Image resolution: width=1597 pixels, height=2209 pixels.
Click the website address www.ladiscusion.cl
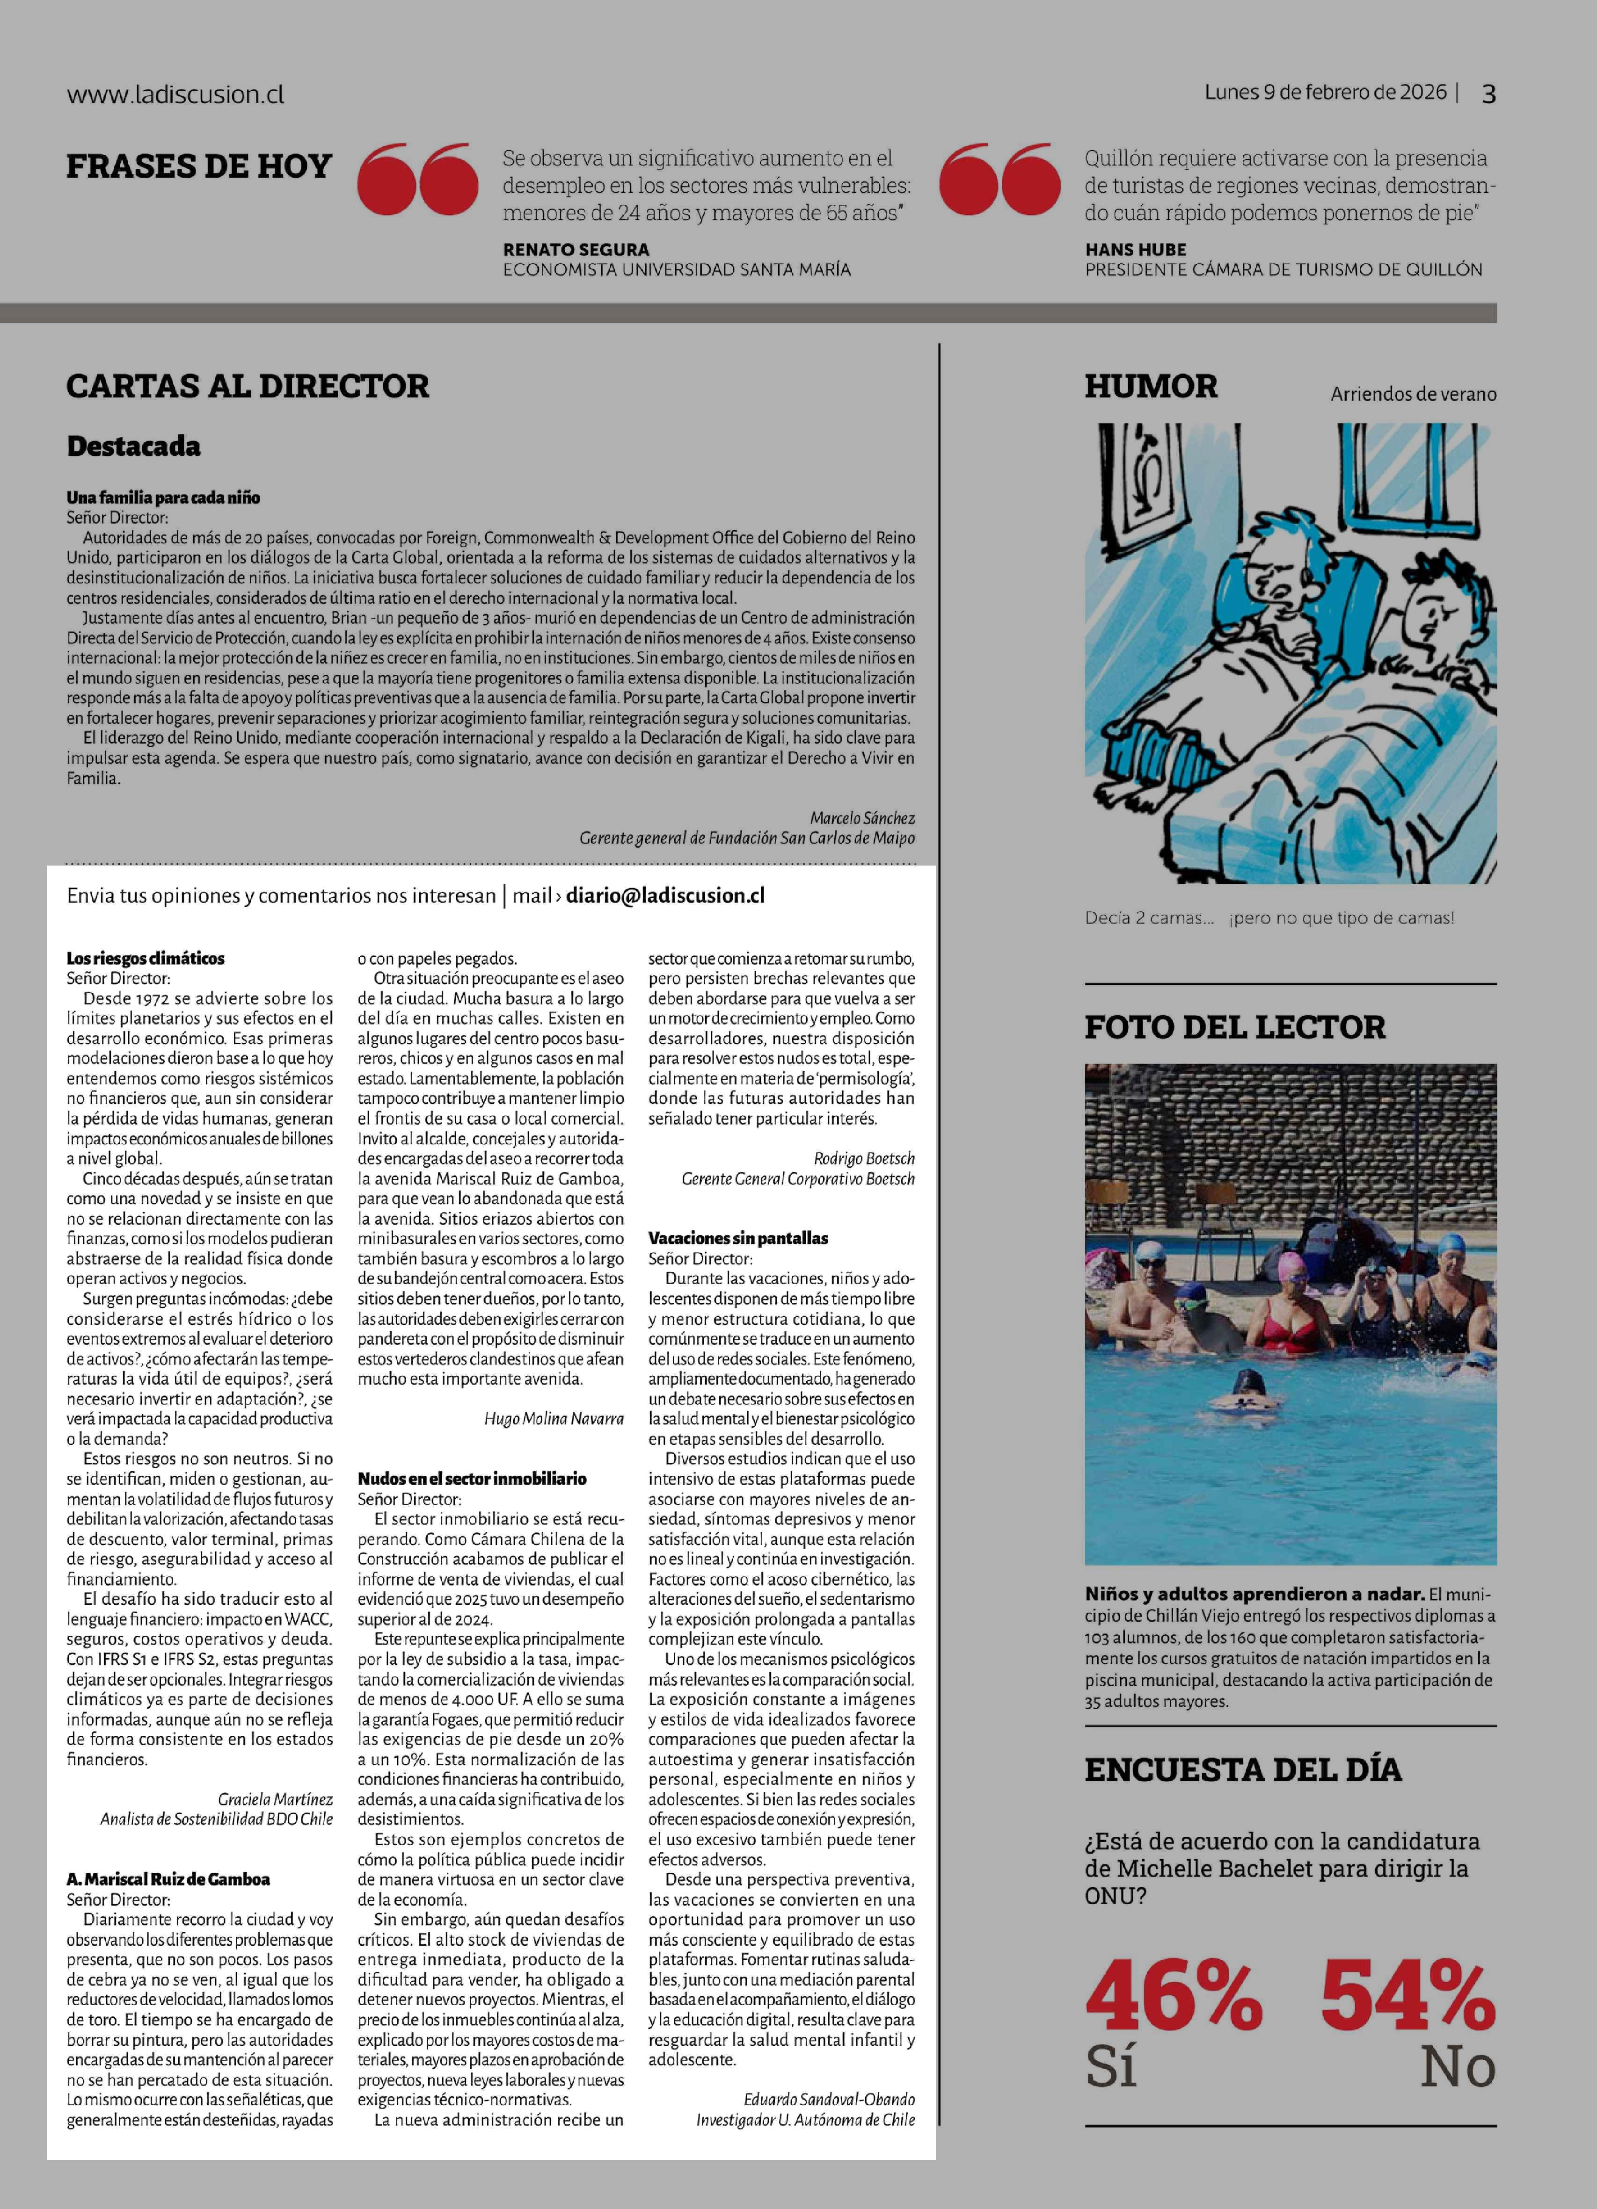[175, 94]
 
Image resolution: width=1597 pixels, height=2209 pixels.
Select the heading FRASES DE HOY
[199, 166]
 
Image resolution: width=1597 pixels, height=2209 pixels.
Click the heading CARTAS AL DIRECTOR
[248, 387]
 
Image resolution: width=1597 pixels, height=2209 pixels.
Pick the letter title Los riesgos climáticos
[145, 959]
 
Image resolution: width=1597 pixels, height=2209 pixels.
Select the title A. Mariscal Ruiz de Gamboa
[168, 1879]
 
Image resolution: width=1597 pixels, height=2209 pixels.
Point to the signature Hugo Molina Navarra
[554, 1419]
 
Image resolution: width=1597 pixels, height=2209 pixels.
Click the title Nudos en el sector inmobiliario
[472, 1479]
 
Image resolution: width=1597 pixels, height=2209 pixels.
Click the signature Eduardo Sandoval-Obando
[828, 2099]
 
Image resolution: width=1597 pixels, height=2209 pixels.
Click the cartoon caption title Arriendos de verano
[1413, 395]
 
